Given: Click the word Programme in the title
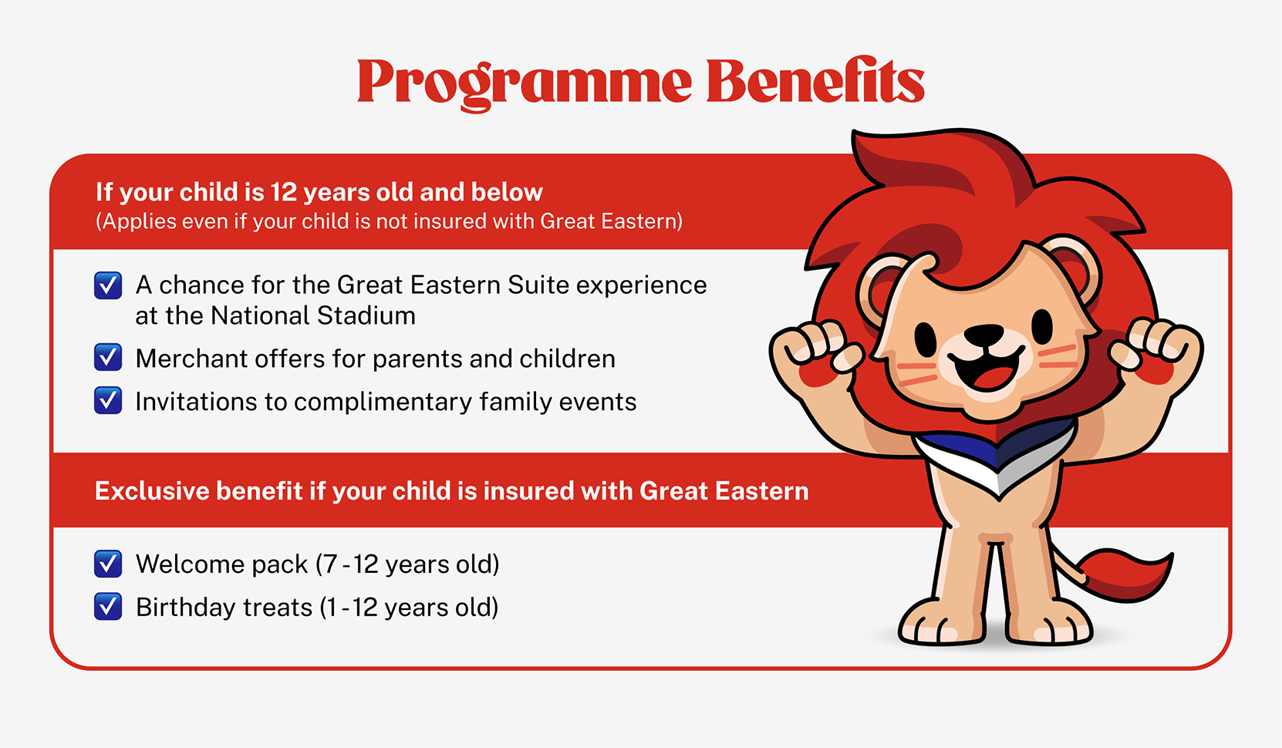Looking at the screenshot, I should pyautogui.click(x=525, y=82).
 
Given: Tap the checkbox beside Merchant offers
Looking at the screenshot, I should pyautogui.click(x=108, y=358).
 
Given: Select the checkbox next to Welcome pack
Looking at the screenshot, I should pyautogui.click(x=108, y=564).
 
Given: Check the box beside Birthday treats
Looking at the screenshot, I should pyautogui.click(x=108, y=607).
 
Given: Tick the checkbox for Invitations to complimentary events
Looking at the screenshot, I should pyautogui.click(x=108, y=401).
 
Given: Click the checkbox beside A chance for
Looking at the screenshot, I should pyautogui.click(x=108, y=285).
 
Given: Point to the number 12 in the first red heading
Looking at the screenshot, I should pyautogui.click(x=283, y=192).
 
